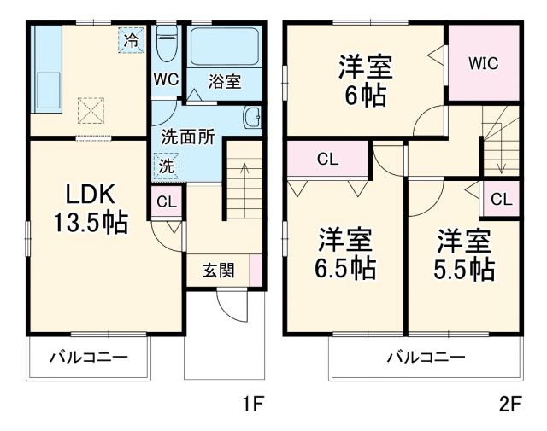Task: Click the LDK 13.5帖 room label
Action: (89, 207)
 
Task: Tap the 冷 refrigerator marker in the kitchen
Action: (131, 40)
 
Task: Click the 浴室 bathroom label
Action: (225, 82)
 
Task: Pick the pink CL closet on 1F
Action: (166, 202)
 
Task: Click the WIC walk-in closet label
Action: (483, 62)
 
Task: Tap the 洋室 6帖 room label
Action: (365, 79)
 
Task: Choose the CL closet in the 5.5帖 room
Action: (501, 200)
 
